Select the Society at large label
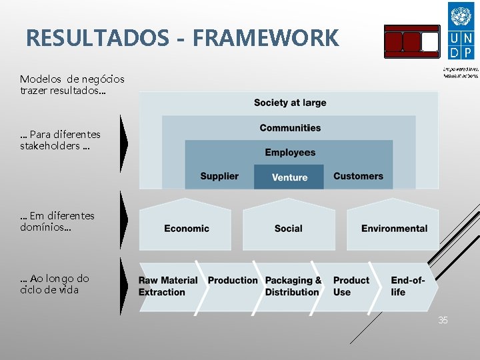pyautogui.click(x=290, y=103)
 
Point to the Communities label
pyautogui.click(x=290, y=128)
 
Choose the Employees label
pyautogui.click(x=290, y=153)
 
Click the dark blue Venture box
pyautogui.click(x=289, y=177)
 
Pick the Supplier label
pyautogui.click(x=219, y=177)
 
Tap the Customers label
pyautogui.click(x=358, y=177)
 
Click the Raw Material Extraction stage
pyautogui.click(x=167, y=286)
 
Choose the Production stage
pyautogui.click(x=233, y=281)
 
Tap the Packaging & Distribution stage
pyautogui.click(x=293, y=286)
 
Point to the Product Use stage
pyautogui.click(x=351, y=286)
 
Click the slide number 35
pyautogui.click(x=443, y=321)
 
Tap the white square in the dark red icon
pyautogui.click(x=430, y=42)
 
